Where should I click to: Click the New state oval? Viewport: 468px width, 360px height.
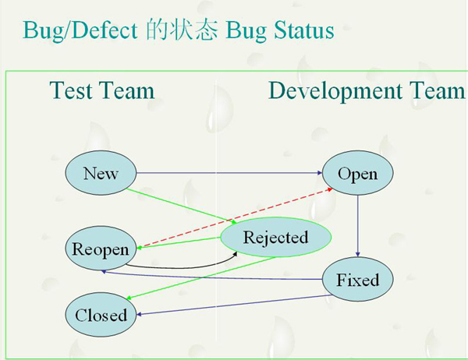[x=101, y=172]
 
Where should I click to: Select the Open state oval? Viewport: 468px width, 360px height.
[x=357, y=172]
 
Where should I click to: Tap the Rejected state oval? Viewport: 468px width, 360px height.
[x=275, y=237]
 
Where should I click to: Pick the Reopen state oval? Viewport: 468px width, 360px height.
[x=100, y=249]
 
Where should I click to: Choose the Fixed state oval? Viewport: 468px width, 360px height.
[x=357, y=279]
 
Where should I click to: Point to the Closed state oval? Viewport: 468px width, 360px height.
[x=101, y=314]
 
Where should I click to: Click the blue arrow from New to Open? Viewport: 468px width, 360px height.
[x=226, y=172]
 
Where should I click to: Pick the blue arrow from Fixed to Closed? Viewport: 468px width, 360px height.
[x=234, y=305]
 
